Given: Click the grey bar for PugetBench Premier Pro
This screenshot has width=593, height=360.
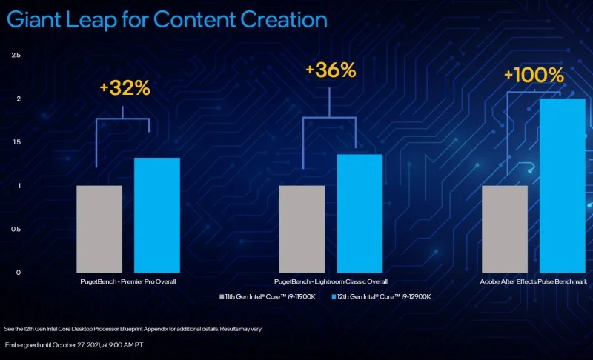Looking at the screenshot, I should (x=99, y=229).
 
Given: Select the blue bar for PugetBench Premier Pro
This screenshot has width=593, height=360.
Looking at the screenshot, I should (x=157, y=215).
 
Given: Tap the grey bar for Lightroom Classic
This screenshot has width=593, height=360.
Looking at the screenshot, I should (x=302, y=229).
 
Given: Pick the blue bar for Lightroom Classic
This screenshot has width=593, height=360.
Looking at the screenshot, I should (x=360, y=213).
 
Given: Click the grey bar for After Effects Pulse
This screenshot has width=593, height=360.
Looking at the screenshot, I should (x=505, y=229).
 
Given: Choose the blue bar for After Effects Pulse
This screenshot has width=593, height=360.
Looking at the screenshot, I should (x=563, y=185).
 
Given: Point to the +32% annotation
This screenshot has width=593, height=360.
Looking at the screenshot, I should (x=125, y=88).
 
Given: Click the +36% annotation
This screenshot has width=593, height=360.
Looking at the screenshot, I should (x=331, y=70).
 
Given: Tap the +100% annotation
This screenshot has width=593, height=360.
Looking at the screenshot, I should (x=534, y=76).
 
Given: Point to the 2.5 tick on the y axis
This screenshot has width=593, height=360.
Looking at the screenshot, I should (x=16, y=56).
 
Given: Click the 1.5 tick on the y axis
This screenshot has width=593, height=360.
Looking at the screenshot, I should (x=16, y=142).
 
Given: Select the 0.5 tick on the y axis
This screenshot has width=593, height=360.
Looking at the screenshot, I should (x=16, y=229).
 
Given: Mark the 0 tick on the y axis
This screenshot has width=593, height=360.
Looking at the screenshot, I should (x=19, y=273).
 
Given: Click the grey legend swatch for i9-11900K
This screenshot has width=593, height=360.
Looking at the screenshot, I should (x=222, y=296).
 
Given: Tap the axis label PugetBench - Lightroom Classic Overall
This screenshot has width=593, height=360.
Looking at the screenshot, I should (x=330, y=282).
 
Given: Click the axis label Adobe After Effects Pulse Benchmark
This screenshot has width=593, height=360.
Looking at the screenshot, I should (x=534, y=282).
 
